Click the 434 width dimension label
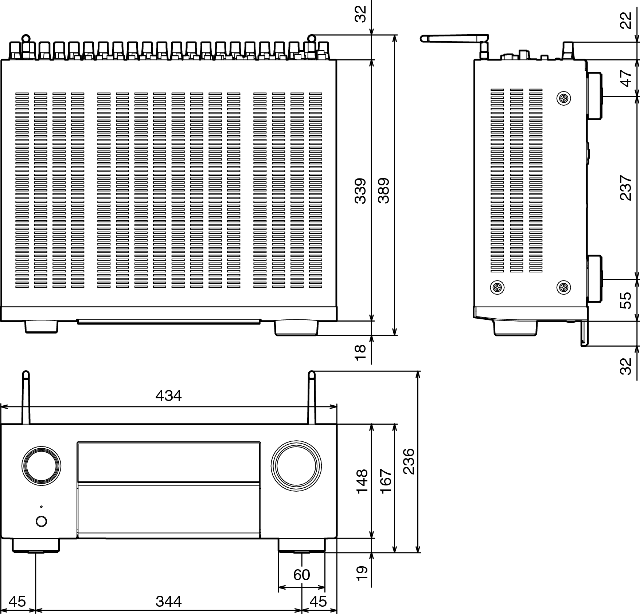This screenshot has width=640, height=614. tap(168, 395)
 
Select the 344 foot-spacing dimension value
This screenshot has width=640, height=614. tap(168, 601)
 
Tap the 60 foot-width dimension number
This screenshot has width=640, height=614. tap(301, 575)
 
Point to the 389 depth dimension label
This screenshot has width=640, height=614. tap(384, 190)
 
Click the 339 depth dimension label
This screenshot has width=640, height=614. tap(360, 190)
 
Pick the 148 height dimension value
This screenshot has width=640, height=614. tap(362, 481)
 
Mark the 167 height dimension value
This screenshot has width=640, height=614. tap(386, 481)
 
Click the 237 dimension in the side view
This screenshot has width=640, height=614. tap(625, 188)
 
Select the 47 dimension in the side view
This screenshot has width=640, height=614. tap(625, 78)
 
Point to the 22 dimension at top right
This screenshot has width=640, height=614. tap(625, 20)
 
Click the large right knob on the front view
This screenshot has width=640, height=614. tap(296, 466)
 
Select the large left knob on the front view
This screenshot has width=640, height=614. tap(41, 466)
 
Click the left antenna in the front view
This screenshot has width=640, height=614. tap(26, 398)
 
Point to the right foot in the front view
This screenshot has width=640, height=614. tap(301, 545)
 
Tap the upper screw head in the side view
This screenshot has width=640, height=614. tap(564, 98)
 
